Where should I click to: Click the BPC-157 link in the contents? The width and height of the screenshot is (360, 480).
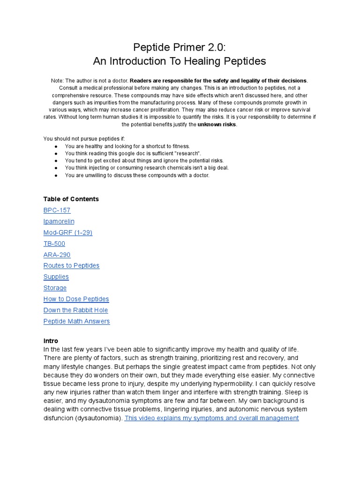57,210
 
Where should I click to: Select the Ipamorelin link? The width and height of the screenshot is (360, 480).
59,221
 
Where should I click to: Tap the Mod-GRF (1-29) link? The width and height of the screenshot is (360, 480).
67,232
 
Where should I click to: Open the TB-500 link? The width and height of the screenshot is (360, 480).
54,244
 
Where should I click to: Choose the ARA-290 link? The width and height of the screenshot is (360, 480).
57,255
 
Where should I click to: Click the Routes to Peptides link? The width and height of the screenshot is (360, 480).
71,266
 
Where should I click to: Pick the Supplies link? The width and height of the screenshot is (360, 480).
56,277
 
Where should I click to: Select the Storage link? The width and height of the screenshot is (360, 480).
55,288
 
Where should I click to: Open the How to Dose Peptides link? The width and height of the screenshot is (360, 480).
76,299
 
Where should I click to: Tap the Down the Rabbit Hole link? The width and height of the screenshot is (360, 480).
75,310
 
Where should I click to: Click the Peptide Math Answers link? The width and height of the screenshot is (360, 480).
76,321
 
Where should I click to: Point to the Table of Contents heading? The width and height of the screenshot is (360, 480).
71,199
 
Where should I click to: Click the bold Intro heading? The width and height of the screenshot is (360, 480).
51,341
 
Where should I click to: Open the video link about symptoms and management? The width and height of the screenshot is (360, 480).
211,418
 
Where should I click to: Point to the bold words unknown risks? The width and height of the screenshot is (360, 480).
217,124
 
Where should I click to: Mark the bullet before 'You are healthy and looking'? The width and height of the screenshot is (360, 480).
56,147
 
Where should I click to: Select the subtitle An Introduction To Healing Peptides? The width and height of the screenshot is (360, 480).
180,61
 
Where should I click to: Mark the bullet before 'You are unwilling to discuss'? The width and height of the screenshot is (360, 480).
56,175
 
